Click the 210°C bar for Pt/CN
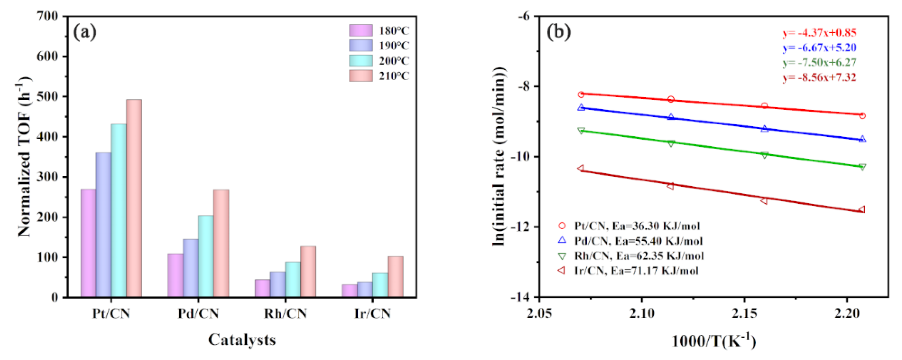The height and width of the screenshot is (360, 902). coord(134,198)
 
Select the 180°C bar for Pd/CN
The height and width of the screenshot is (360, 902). coord(175,275)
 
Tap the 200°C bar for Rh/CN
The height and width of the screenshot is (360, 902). coord(293,280)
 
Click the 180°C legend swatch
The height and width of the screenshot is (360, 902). coord(361,31)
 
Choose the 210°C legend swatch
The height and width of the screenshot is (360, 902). coord(361,76)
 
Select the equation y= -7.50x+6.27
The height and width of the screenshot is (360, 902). coord(819,63)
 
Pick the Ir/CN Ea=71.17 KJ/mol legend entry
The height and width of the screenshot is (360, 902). coord(636,271)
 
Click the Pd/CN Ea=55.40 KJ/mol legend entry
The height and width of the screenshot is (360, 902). coord(638,241)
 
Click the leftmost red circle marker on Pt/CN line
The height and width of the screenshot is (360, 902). coord(581,94)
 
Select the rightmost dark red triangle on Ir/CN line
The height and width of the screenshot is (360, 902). coord(862,209)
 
